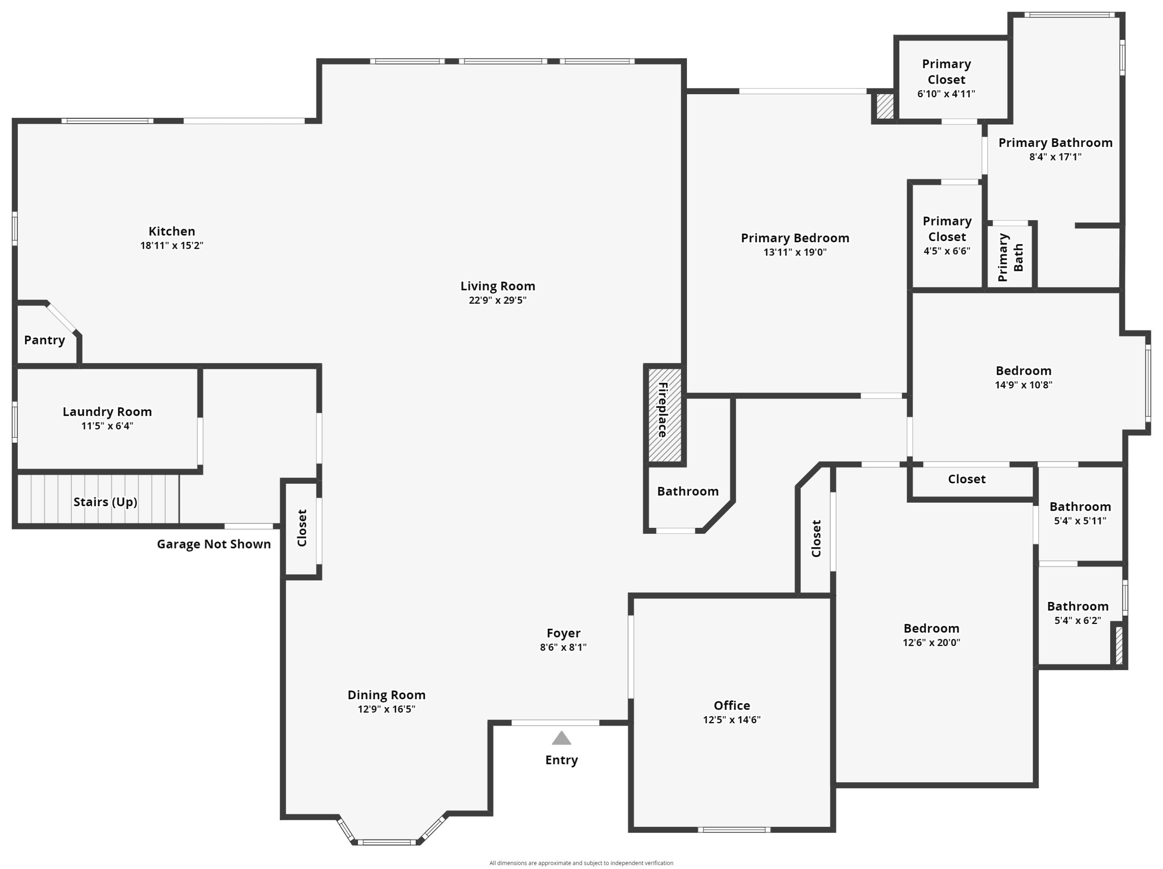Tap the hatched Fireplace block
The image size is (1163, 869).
pos(664,415)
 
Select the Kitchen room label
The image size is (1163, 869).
pos(171,231)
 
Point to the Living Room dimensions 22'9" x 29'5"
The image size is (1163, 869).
pos(497,300)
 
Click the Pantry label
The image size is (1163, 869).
pos(45,340)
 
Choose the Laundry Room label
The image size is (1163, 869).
pos(107,412)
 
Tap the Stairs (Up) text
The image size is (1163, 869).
pos(105,502)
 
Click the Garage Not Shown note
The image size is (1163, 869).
pos(214,544)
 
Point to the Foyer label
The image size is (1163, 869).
pos(563,633)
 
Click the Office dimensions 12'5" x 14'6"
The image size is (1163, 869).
pos(732,720)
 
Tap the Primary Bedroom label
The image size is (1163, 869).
pos(795,238)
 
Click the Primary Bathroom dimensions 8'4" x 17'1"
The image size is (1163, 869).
pos(1055,157)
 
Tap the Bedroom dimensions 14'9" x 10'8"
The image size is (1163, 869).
pos(1023,385)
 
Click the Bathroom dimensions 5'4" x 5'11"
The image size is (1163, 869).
pos(1080,521)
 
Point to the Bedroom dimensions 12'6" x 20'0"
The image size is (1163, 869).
pos(931,642)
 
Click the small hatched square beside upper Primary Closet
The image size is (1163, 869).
pos(885,106)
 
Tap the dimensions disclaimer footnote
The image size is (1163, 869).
pos(581,863)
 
